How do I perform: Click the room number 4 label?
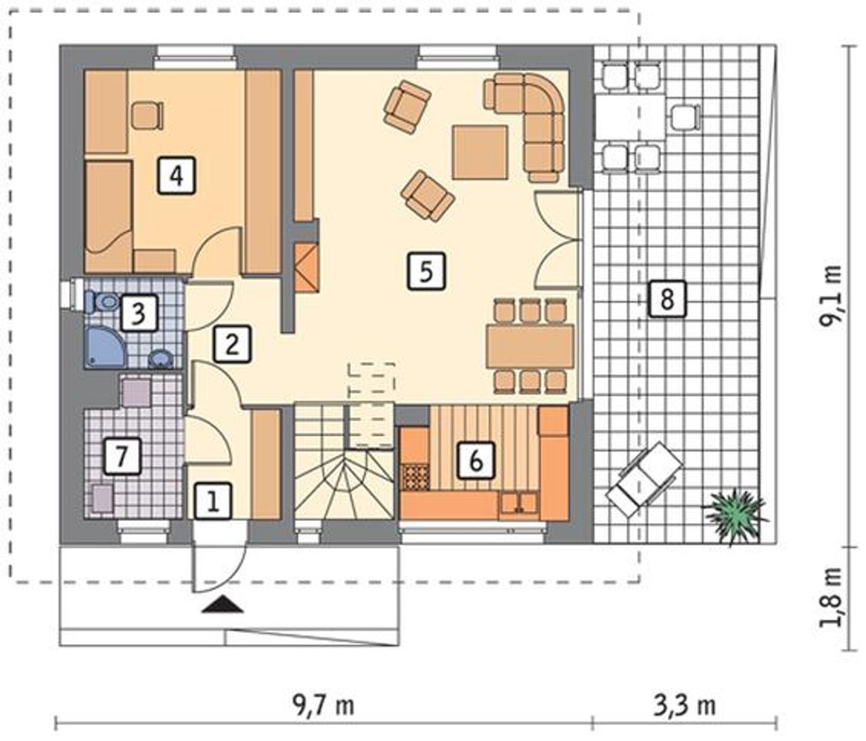177,175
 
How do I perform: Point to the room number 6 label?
476,460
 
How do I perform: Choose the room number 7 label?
122,456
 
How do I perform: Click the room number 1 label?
213,502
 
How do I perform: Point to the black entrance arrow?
223,605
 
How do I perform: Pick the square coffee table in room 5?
480,152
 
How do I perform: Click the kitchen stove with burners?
417,477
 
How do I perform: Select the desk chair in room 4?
147,116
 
